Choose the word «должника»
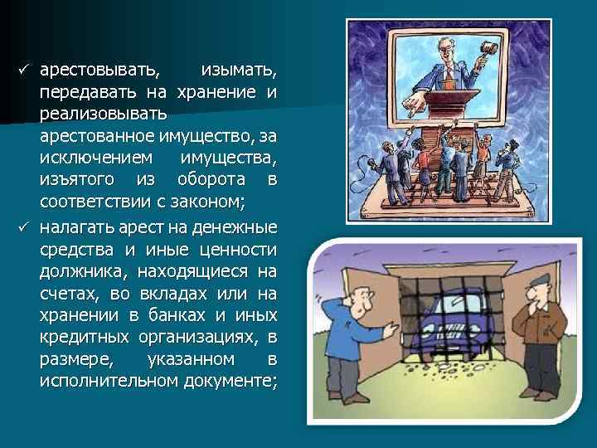80,272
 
